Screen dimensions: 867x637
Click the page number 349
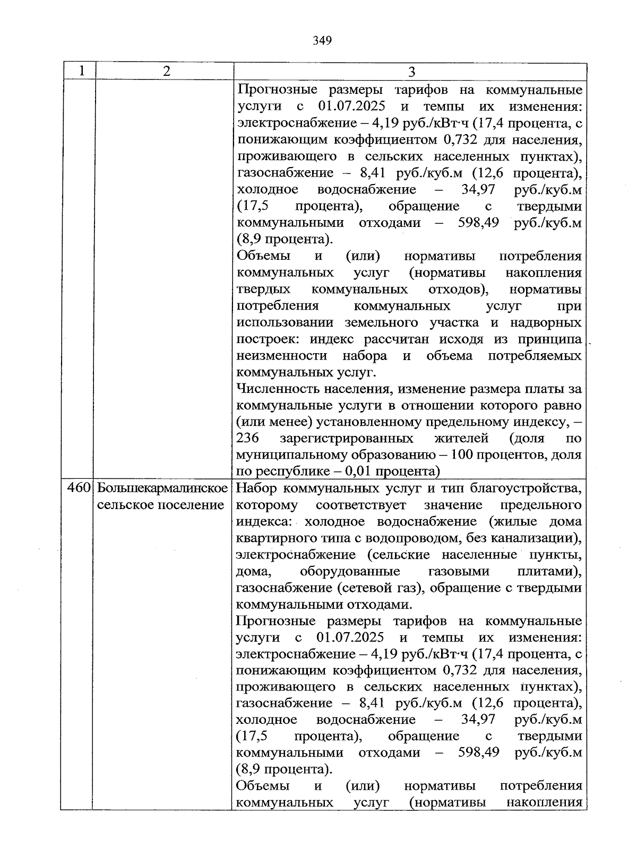322,41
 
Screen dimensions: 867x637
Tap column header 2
167,71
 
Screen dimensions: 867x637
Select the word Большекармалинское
162,488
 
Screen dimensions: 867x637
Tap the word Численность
276,389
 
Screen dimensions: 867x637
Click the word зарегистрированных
347,439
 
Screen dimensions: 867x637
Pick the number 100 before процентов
474,455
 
